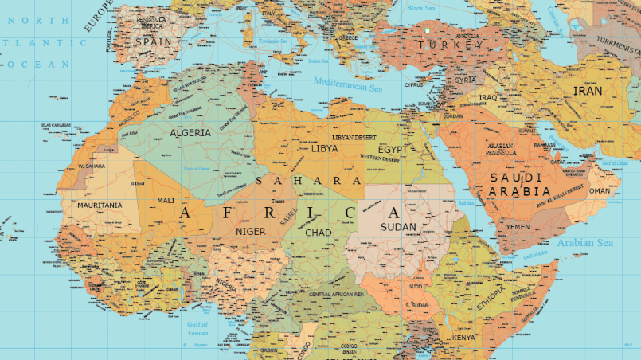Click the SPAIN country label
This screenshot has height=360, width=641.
(153, 41)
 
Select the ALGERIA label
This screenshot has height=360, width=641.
(190, 133)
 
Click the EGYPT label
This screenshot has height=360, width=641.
(393, 149)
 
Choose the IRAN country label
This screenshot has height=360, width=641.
(588, 92)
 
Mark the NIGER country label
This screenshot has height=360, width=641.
(251, 232)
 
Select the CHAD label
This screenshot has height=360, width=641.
(318, 233)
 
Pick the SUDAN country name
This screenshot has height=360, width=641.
(398, 227)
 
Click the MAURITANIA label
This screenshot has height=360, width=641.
(100, 205)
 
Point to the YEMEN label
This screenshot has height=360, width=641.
(518, 227)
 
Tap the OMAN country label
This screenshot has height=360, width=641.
(599, 191)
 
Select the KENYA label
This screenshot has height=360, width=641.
(463, 338)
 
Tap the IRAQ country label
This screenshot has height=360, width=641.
(488, 97)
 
